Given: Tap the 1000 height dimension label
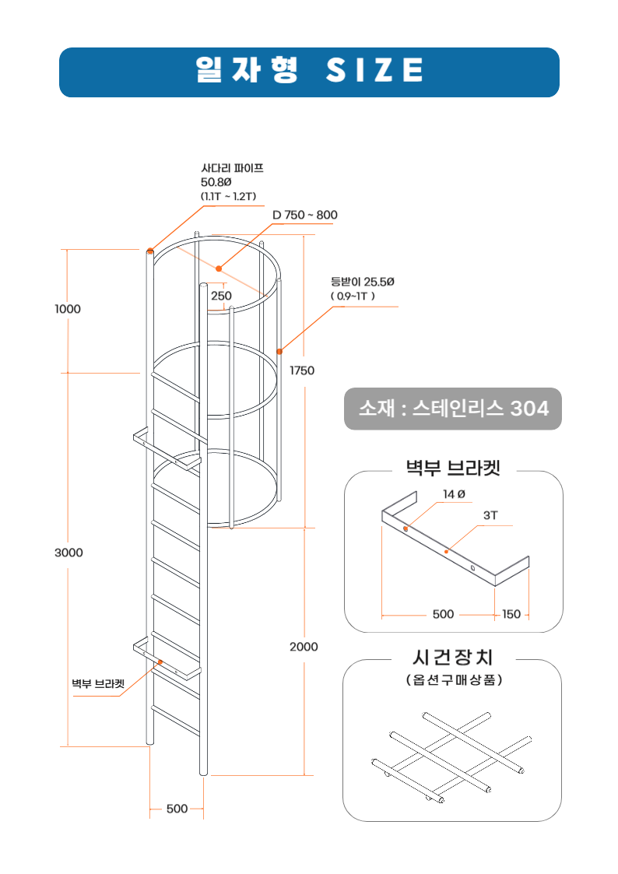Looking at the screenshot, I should click(x=68, y=309).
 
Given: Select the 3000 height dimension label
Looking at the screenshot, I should click(x=68, y=553).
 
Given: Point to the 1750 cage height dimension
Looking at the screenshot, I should click(x=302, y=370).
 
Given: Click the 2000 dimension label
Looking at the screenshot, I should click(x=304, y=647).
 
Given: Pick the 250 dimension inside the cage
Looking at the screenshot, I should click(x=221, y=296).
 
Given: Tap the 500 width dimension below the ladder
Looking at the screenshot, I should click(x=177, y=809).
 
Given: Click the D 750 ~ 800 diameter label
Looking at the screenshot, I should click(x=305, y=215).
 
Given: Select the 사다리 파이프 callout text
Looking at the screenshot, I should click(x=232, y=167).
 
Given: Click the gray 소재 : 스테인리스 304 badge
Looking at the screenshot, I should click(x=453, y=409).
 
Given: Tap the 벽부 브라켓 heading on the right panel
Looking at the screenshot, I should click(x=453, y=468).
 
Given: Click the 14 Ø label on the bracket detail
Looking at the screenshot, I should click(x=454, y=494).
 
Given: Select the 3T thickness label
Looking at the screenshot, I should click(x=490, y=515).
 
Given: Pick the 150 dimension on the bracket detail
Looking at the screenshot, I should click(x=511, y=614).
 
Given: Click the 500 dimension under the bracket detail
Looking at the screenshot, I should click(x=443, y=614).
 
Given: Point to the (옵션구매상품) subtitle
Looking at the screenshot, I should click(x=453, y=679).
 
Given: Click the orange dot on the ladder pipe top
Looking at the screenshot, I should click(x=149, y=251).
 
